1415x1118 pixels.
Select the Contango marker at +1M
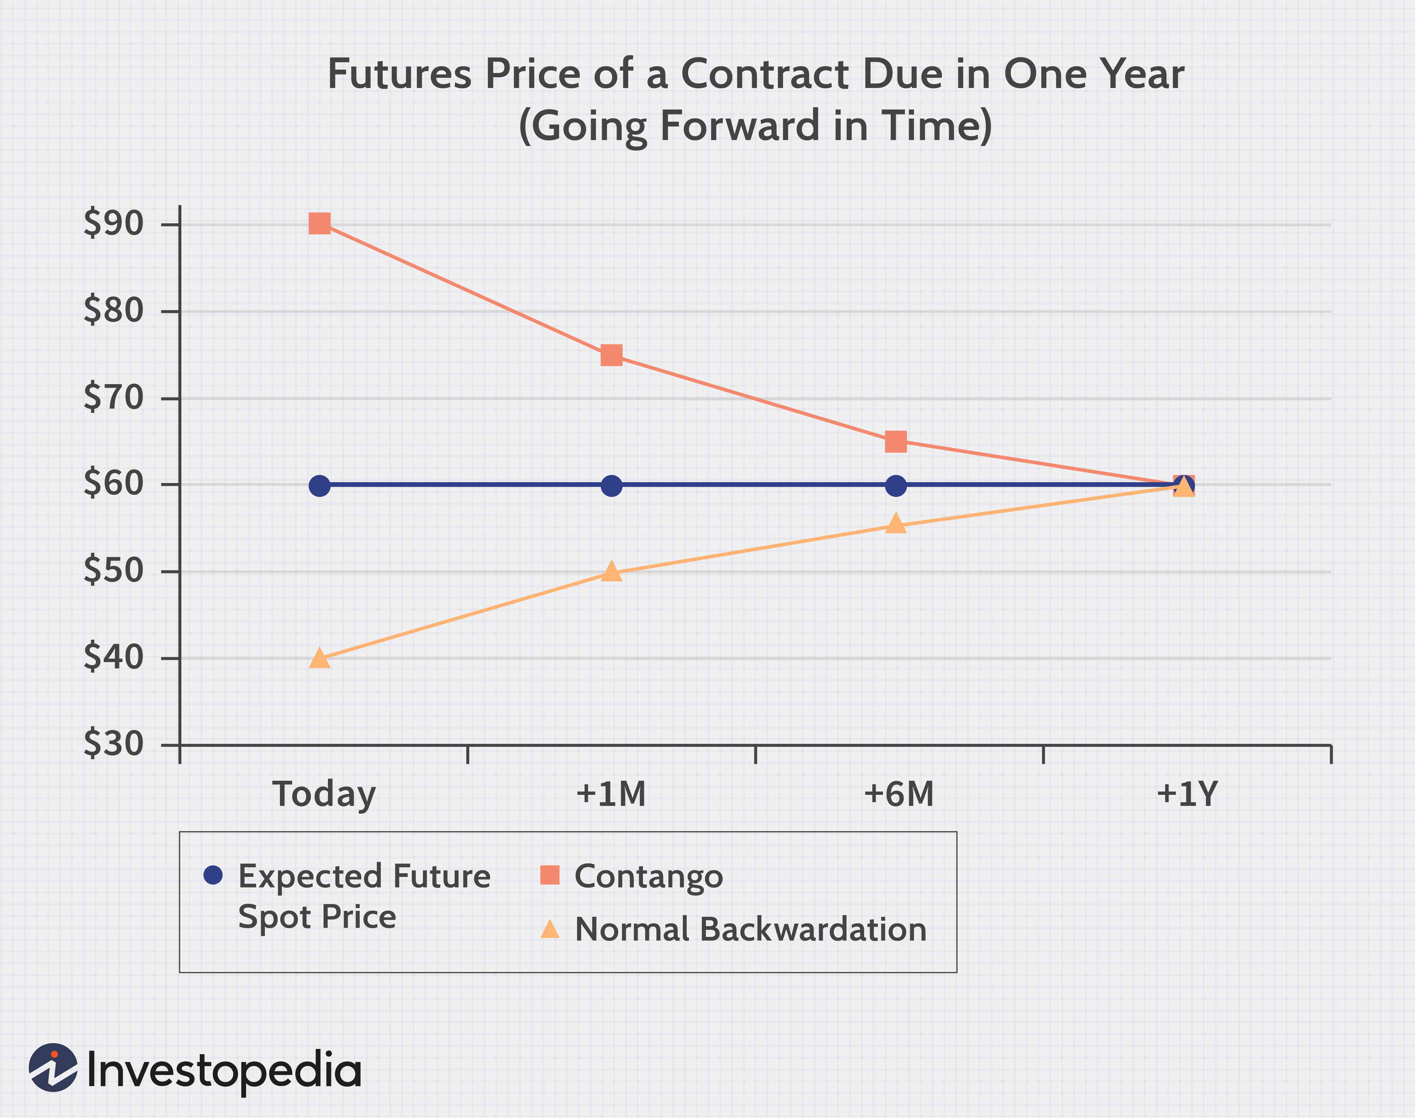tap(611, 355)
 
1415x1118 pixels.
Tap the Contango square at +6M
tap(895, 442)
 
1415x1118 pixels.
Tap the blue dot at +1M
tap(611, 486)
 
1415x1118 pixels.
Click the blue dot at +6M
tap(895, 486)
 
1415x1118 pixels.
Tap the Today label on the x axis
tap(324, 794)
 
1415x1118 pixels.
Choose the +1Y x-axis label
tap(1187, 794)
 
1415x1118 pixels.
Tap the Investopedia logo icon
tap(53, 1068)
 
